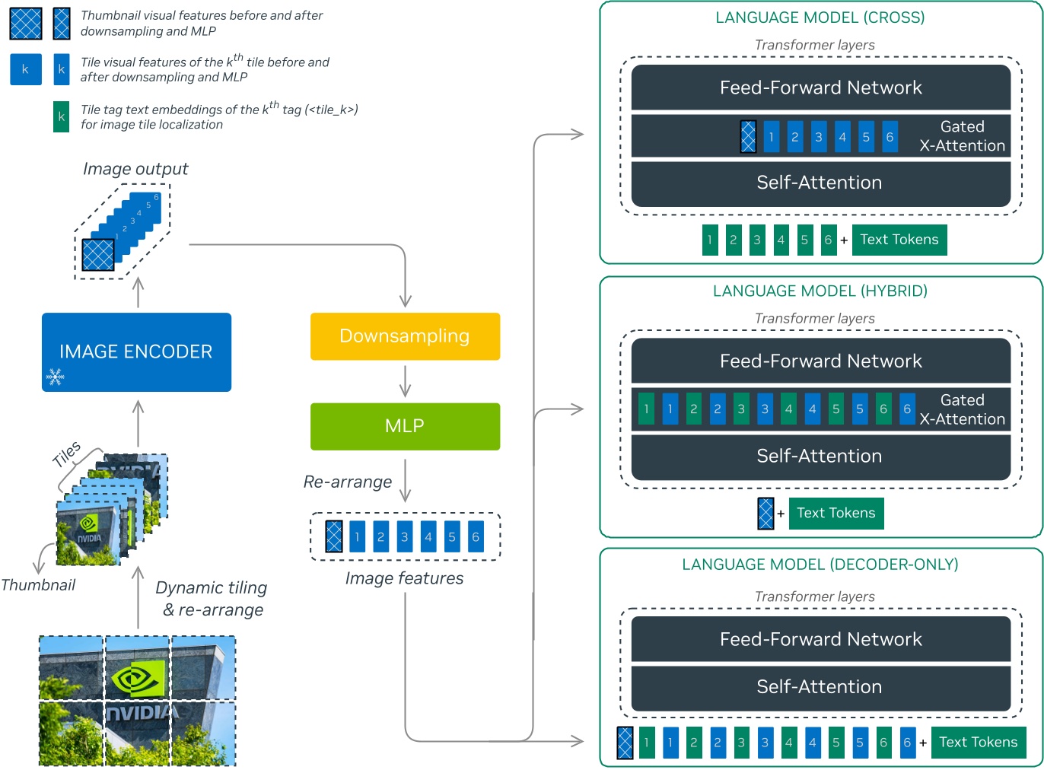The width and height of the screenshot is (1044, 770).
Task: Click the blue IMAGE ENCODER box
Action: click(x=136, y=352)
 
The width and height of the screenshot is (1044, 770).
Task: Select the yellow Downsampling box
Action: click(x=405, y=336)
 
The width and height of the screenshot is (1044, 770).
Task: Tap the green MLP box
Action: click(x=405, y=426)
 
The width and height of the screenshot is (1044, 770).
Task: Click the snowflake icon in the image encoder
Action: click(x=56, y=377)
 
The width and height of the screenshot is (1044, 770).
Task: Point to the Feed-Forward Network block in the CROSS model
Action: click(x=820, y=87)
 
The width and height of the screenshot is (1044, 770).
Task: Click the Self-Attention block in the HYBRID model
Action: click(x=820, y=456)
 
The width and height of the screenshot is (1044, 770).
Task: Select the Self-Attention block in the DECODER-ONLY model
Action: click(x=820, y=686)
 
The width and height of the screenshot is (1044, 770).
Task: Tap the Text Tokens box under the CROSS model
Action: click(x=899, y=240)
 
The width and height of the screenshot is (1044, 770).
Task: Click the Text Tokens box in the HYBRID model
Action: click(x=836, y=513)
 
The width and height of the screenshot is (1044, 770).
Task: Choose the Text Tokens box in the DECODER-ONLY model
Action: click(x=978, y=742)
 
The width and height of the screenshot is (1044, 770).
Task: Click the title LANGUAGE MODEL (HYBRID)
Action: click(x=820, y=291)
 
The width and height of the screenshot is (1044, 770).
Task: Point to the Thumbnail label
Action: click(x=38, y=585)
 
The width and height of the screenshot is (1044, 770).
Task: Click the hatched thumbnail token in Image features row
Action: click(x=333, y=536)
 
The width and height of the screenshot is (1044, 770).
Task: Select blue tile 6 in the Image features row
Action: click(x=476, y=536)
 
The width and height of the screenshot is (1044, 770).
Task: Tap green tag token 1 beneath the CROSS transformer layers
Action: click(x=710, y=240)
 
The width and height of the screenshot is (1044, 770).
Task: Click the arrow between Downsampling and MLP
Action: click(x=405, y=380)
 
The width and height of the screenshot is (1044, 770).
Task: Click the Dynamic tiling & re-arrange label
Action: click(x=212, y=599)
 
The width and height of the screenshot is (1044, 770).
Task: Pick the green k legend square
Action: click(x=61, y=116)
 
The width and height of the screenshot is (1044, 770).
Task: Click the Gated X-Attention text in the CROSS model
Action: click(x=962, y=136)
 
